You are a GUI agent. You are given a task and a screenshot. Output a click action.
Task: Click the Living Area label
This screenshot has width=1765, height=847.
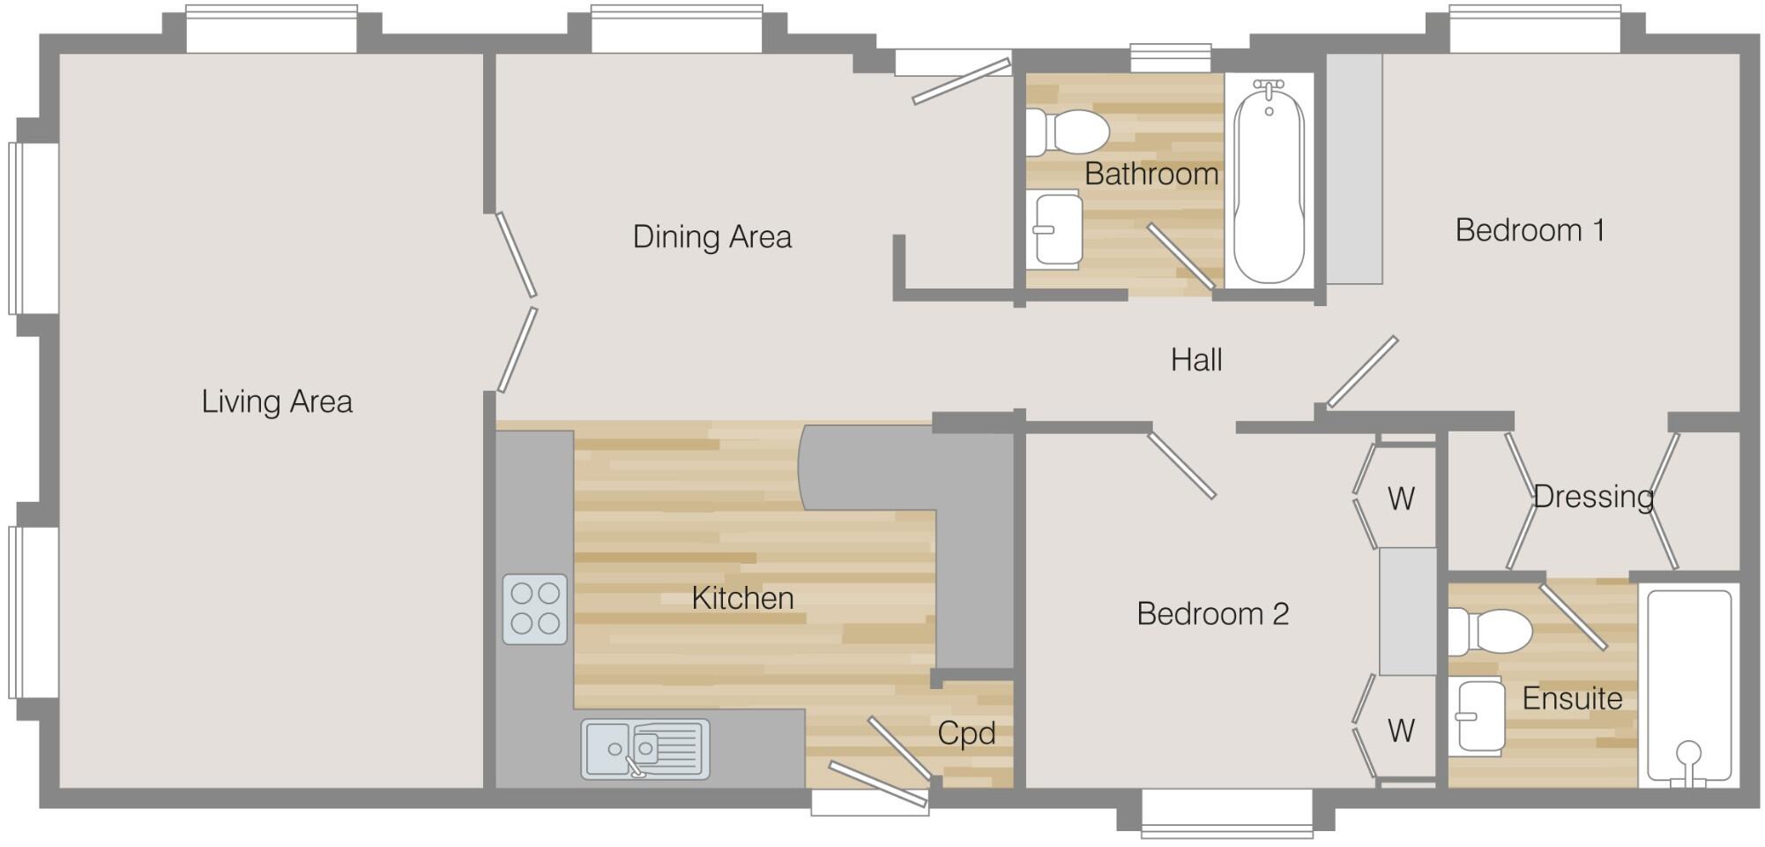(x=277, y=401)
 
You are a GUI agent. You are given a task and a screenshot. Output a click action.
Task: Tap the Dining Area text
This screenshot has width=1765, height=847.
(x=712, y=236)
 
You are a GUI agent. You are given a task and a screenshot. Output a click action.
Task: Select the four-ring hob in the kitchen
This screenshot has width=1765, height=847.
(x=535, y=609)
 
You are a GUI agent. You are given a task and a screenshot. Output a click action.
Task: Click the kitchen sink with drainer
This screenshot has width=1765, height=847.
(x=645, y=749)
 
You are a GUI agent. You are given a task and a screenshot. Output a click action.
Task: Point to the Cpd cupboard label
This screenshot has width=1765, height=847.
(x=966, y=733)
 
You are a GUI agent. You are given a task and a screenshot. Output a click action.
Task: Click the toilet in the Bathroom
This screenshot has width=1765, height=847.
(x=1068, y=132)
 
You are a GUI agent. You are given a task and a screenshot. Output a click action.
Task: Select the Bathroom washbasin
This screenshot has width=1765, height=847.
(x=1056, y=229)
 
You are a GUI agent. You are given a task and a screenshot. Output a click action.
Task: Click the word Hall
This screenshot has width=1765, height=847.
(x=1196, y=360)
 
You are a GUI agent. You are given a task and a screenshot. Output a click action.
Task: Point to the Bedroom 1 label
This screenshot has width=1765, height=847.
(x=1530, y=230)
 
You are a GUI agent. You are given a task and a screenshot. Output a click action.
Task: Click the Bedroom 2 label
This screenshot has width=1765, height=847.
(x=1212, y=613)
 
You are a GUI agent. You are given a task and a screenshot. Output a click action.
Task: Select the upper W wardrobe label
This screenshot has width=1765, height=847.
(x=1401, y=498)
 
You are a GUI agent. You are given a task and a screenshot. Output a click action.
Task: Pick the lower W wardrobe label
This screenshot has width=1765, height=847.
(x=1401, y=731)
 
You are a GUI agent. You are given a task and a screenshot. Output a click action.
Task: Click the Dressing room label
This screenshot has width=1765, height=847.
(x=1593, y=497)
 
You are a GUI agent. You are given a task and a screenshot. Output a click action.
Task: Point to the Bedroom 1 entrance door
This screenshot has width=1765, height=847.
(x=1362, y=371)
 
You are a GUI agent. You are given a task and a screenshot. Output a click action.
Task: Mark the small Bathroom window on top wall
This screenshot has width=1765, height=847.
(x=1172, y=58)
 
